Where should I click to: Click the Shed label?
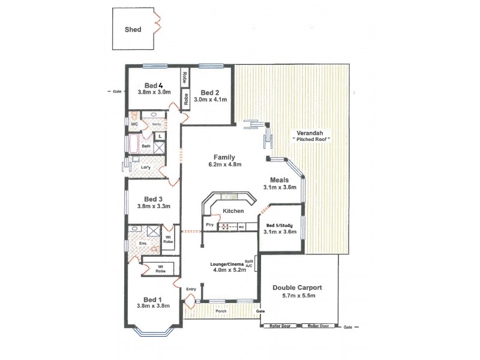[x=133, y=28]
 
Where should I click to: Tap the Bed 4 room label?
[x=154, y=85]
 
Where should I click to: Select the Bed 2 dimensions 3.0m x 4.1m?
[x=209, y=100]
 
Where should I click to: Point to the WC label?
[x=135, y=124]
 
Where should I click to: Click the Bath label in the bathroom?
[x=145, y=146]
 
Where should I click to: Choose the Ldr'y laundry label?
[x=145, y=167]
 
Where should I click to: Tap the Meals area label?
[x=280, y=179]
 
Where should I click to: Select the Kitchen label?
[x=233, y=211]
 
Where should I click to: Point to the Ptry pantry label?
[x=209, y=224]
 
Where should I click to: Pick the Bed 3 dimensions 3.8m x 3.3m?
[x=154, y=206]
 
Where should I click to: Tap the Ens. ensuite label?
[x=134, y=244]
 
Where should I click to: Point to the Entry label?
[x=191, y=289]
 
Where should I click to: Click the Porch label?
[x=221, y=311]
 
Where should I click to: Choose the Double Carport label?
[x=298, y=287]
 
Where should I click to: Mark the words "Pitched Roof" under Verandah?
[x=311, y=139]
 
